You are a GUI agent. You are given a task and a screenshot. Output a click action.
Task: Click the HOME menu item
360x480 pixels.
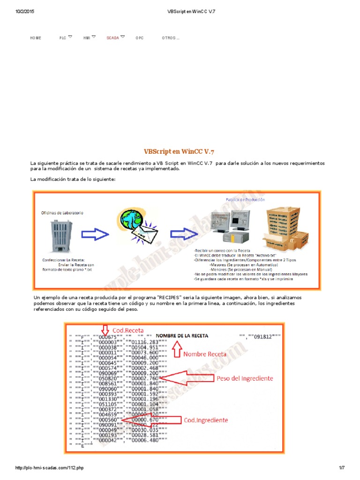click(36, 38)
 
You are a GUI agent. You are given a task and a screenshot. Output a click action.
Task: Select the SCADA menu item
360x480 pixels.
click(112, 38)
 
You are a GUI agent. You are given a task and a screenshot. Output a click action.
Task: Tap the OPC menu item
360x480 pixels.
click(140, 38)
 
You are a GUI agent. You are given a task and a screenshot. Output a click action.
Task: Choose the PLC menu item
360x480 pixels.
click(63, 38)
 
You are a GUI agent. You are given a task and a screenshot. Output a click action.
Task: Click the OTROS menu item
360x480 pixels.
click(170, 38)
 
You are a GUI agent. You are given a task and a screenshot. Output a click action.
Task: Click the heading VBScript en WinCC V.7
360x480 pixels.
click(179, 151)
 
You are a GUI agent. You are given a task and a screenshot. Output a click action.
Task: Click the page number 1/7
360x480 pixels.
click(341, 468)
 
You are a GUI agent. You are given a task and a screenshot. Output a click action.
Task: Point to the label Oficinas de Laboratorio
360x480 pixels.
click(62, 212)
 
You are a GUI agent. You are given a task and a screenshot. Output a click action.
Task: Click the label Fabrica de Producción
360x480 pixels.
click(245, 199)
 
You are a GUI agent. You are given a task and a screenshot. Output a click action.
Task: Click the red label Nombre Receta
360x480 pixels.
click(204, 354)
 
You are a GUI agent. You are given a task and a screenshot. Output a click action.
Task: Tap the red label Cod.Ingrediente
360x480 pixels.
click(205, 420)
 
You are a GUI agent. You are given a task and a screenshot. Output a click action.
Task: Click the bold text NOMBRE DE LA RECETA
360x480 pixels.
click(182, 336)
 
